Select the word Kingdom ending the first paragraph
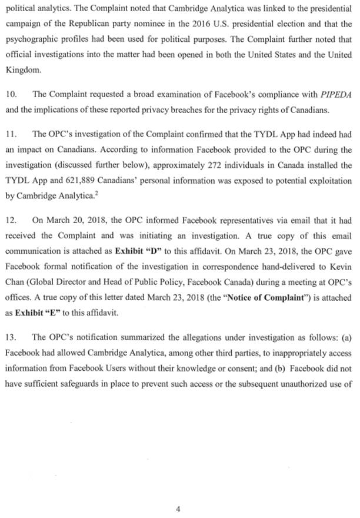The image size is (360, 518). point(20,69)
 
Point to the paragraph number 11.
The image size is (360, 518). point(10,134)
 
